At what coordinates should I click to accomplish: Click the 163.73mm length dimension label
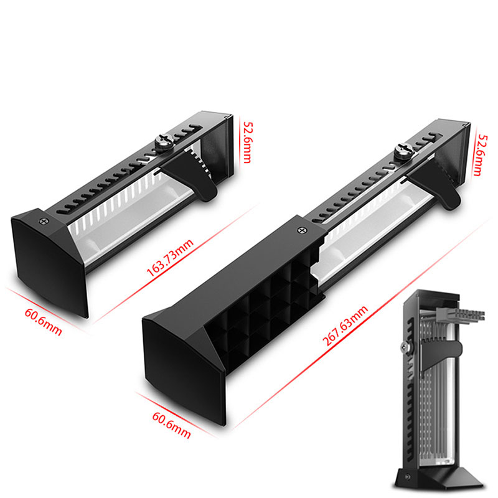click(169, 258)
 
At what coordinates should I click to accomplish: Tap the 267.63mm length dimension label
click(345, 326)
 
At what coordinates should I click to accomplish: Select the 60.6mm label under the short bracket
click(43, 322)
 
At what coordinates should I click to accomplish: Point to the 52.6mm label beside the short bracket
click(247, 143)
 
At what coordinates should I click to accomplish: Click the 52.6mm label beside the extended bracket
click(481, 155)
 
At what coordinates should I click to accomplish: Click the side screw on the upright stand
click(405, 347)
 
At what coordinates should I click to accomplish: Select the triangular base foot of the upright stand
click(440, 476)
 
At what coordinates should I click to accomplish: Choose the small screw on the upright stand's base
click(408, 477)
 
